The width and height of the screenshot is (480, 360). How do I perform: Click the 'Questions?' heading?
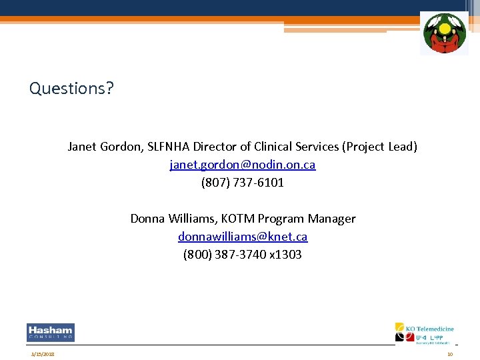tap(72, 88)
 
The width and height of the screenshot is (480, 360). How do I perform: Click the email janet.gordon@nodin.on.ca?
tap(243, 165)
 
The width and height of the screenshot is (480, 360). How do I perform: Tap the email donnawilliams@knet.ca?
tap(243, 237)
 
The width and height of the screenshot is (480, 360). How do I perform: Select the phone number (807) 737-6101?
tap(243, 183)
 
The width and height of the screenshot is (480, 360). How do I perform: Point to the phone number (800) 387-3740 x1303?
tap(243, 255)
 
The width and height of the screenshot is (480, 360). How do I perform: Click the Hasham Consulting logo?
tap(51, 332)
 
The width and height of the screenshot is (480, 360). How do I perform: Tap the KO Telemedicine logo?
tap(424, 333)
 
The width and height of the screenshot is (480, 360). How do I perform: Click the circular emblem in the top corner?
tap(444, 33)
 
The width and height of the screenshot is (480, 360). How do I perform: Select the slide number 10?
tap(450, 354)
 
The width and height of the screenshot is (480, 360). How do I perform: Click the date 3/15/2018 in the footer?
tap(42, 354)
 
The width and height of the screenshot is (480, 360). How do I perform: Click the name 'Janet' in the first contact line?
tap(82, 147)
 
